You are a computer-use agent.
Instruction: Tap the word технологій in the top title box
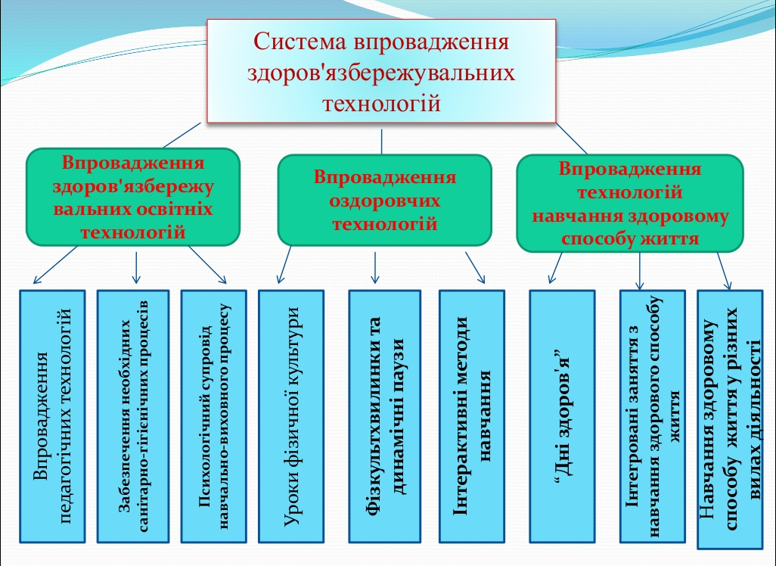tap(381, 102)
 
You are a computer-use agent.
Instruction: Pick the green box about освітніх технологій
tap(132, 197)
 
